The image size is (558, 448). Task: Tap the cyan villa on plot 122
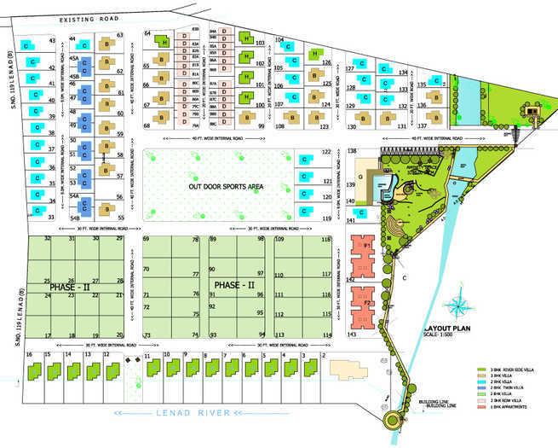305,159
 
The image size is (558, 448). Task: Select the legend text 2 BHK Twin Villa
508,387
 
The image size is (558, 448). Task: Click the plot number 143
352,336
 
